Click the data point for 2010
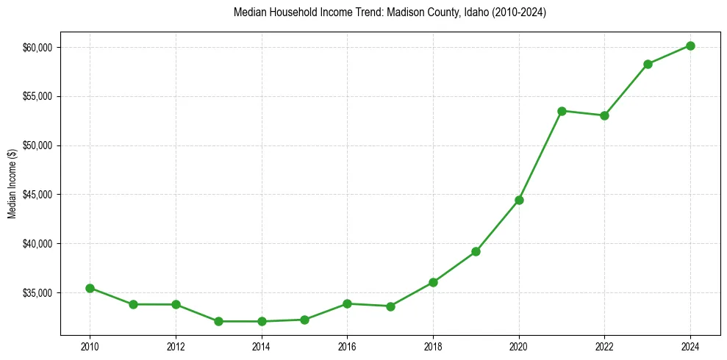(90, 288)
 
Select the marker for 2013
(218, 321)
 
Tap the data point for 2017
(390, 306)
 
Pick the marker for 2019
(476, 251)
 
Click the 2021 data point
(562, 111)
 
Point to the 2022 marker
(604, 115)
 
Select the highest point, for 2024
(690, 46)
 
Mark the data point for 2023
(648, 64)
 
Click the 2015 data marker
(304, 320)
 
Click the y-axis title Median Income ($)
(12, 188)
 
